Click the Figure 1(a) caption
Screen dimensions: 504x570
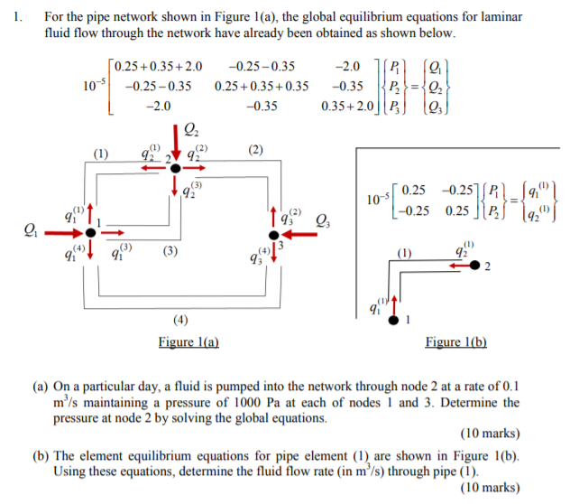click(188, 342)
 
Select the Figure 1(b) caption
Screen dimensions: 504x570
click(455, 342)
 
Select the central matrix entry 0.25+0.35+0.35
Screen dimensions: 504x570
click(262, 86)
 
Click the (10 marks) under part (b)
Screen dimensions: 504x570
click(489, 488)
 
